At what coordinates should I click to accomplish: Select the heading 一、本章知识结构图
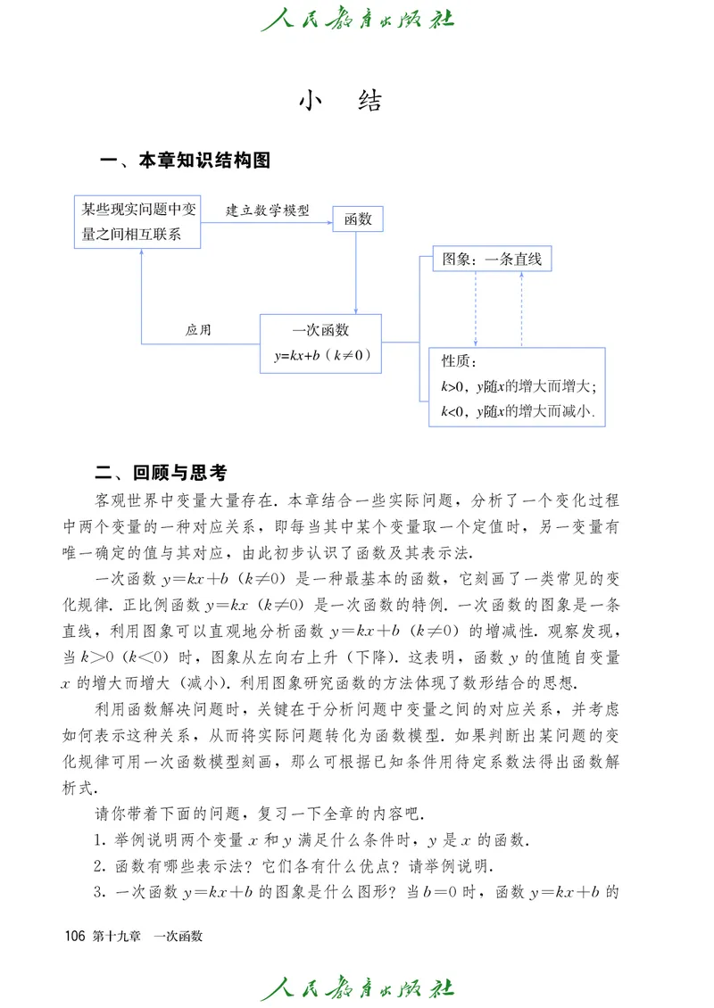186,161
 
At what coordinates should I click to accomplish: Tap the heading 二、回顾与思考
167,473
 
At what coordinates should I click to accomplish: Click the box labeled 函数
358,219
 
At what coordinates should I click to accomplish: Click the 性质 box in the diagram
518,386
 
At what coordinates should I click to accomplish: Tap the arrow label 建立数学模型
267,211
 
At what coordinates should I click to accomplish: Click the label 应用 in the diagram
198,329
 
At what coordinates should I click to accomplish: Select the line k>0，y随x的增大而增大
519,386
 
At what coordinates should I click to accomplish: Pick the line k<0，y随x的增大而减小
518,411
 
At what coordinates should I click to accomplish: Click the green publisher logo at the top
357,19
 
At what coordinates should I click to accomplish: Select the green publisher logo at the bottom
357,988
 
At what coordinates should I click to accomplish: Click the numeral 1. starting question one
99,840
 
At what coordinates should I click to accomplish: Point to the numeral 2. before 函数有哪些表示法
99,866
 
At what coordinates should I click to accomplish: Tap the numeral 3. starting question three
99,893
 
